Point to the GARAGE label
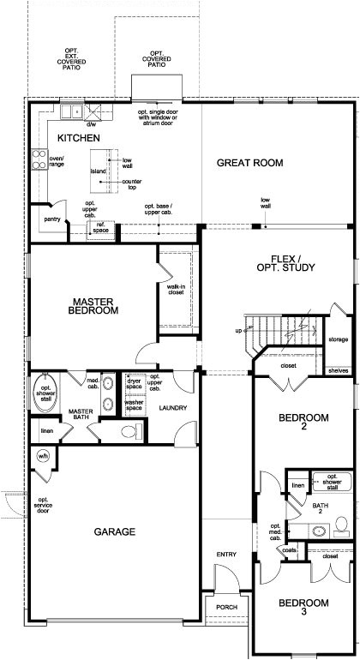point(114,532)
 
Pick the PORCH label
point(226,607)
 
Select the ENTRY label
point(226,555)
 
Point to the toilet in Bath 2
point(340,524)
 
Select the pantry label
point(51,219)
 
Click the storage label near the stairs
point(339,339)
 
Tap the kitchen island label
point(99,171)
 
